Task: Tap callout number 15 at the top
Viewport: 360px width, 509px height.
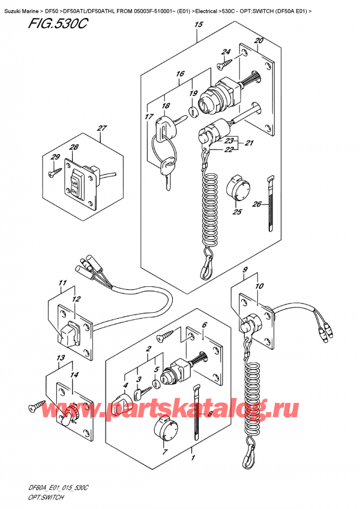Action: (x=199, y=25)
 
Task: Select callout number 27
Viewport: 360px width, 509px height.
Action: (x=101, y=128)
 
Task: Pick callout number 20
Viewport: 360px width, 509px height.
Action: (x=259, y=41)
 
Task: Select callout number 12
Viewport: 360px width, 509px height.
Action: (x=76, y=298)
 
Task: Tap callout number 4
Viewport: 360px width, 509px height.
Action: (x=126, y=385)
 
